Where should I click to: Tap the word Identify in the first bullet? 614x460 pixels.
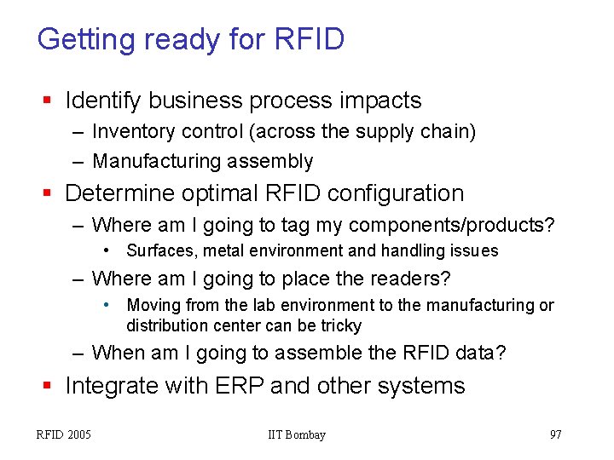[102, 101]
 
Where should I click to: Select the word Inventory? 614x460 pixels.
[131, 132]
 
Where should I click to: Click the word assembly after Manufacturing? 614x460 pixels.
[276, 161]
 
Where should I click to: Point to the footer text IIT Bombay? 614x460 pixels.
[297, 435]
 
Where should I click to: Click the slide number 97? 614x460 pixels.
[555, 435]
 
